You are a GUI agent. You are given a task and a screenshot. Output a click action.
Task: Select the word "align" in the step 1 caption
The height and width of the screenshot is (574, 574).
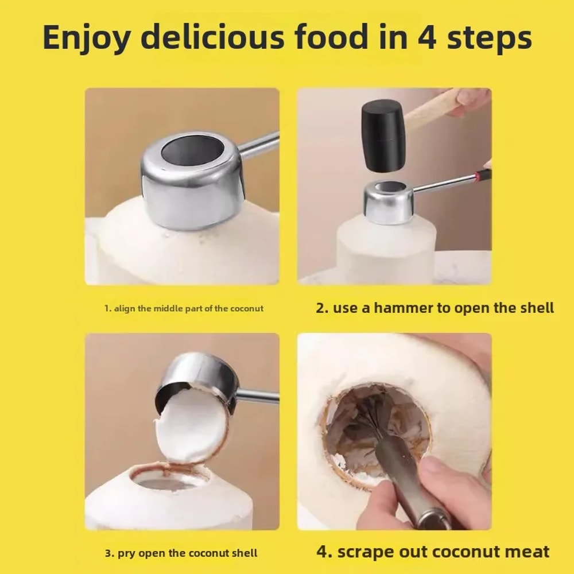125,308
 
